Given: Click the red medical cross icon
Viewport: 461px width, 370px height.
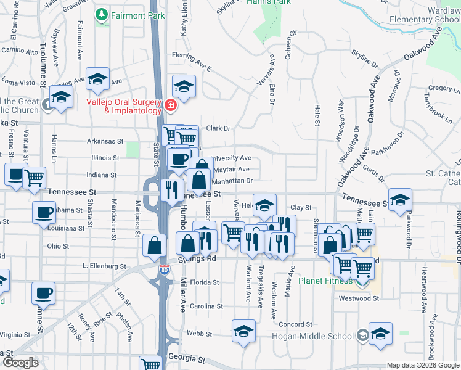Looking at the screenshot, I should pyautogui.click(x=169, y=107).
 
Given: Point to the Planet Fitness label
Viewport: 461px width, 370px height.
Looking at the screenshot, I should pyautogui.click(x=326, y=281).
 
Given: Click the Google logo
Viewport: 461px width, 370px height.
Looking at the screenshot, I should pyautogui.click(x=20, y=363).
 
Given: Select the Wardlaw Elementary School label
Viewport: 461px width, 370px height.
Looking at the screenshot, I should pyautogui.click(x=425, y=14).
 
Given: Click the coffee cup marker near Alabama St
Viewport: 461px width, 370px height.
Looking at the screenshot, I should pyautogui.click(x=44, y=213).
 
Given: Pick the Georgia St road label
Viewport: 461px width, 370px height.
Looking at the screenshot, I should pyautogui.click(x=187, y=358).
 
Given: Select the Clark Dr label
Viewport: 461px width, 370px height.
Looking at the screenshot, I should pyautogui.click(x=218, y=128).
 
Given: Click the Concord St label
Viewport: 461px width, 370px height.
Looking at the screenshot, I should pyautogui.click(x=295, y=324).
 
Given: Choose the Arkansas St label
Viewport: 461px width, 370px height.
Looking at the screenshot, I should pyautogui.click(x=105, y=141).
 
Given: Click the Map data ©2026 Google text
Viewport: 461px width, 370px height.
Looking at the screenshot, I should pyautogui.click(x=422, y=365).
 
